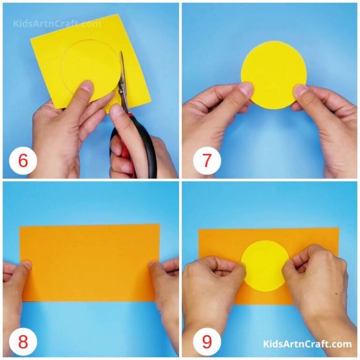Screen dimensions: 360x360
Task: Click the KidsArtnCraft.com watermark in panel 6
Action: click(57, 23)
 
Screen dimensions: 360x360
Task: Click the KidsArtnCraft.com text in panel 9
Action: click(307, 344)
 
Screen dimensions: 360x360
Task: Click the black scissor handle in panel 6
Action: click(141, 150)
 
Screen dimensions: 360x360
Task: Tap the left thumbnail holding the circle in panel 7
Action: click(246, 88)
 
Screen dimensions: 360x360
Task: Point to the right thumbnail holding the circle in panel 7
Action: click(300, 89)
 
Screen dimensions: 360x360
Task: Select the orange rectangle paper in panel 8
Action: click(89, 262)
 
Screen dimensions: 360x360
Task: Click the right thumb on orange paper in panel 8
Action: click(154, 266)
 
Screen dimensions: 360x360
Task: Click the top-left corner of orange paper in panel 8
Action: click(21, 226)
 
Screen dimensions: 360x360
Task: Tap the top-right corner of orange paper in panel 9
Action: click(337, 229)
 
